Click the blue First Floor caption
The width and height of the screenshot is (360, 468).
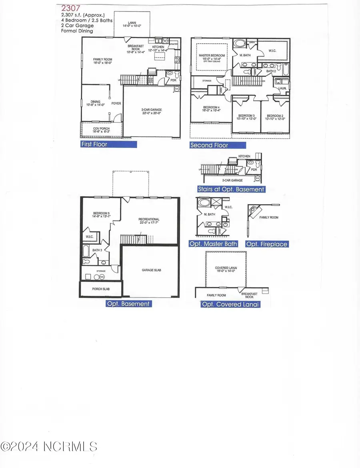(108, 145)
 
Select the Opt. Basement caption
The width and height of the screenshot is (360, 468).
(128, 304)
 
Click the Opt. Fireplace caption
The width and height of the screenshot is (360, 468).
(267, 244)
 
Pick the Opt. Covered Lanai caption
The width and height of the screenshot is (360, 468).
(231, 305)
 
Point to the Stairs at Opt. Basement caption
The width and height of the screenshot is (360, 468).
(231, 189)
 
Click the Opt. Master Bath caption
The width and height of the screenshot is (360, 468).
(213, 244)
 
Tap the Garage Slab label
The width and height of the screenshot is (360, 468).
(151, 270)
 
